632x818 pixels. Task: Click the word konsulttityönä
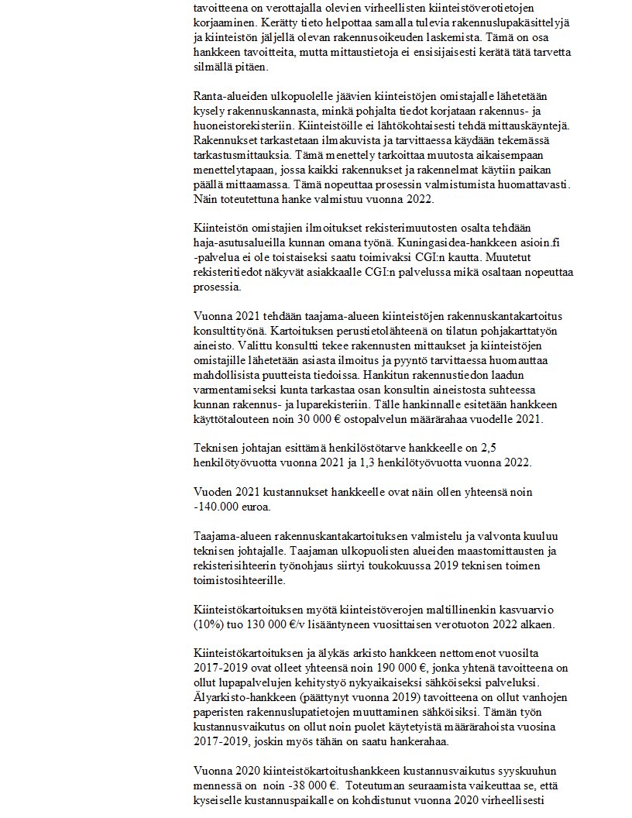(229, 331)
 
